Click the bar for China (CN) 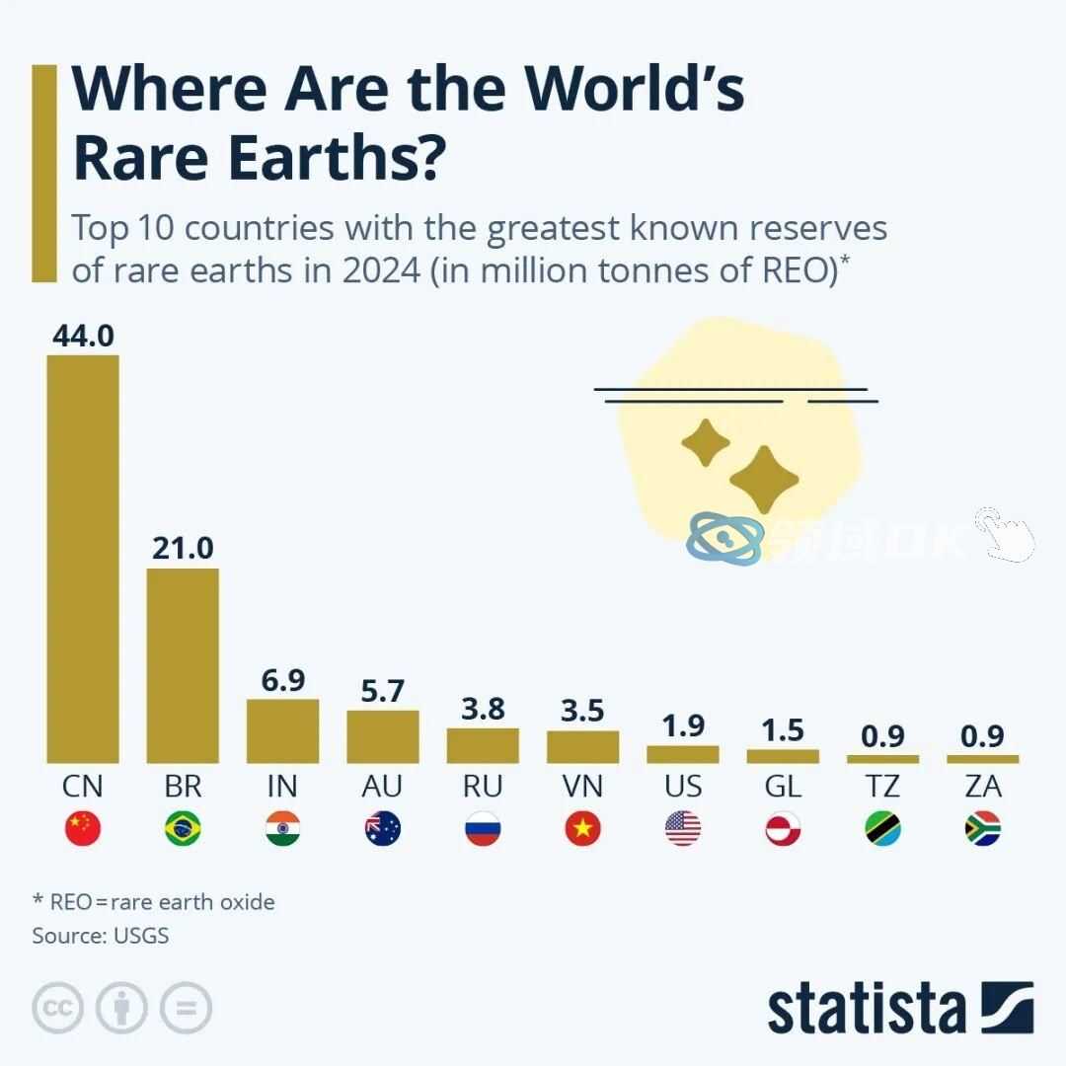(83, 558)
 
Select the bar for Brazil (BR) (183, 665)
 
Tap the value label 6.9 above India (283, 680)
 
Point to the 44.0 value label (83, 337)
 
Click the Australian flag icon (383, 829)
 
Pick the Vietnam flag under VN (583, 829)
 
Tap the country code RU (483, 787)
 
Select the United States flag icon (683, 829)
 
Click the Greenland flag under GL (783, 829)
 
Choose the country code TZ (882, 787)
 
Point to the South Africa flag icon (983, 829)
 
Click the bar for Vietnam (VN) (583, 746)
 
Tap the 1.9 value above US (683, 725)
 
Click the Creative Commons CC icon (57, 1008)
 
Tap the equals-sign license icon (186, 1008)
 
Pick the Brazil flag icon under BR (183, 829)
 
